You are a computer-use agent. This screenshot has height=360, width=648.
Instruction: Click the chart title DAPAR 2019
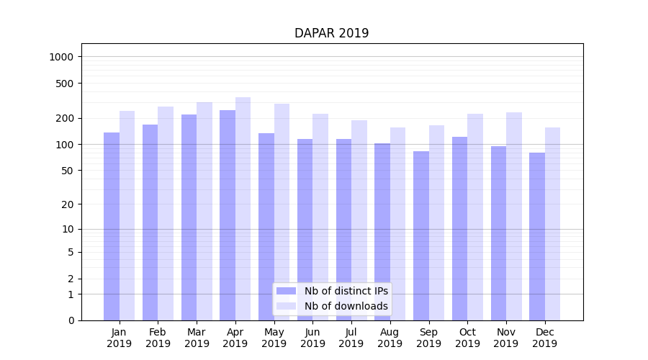pos(331,34)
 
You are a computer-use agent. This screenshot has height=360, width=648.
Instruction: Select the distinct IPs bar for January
pos(112,226)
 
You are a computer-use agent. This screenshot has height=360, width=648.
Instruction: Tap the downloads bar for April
pos(243,209)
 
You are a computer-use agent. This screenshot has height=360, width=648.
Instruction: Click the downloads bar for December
pos(552,224)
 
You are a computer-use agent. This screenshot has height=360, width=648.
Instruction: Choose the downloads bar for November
pos(514,216)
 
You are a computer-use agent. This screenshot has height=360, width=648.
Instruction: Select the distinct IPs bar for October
pos(459,228)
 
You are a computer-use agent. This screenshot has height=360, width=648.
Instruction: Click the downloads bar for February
pos(166,213)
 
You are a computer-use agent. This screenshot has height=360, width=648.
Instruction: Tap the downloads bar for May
pos(282,212)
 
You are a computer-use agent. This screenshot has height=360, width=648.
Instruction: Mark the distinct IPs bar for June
pos(305,230)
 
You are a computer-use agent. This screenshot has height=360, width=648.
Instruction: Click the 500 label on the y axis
pos(66,84)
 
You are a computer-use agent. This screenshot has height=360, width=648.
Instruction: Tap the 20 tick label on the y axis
pos(68,204)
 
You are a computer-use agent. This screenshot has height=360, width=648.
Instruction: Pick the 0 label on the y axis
pos(71,320)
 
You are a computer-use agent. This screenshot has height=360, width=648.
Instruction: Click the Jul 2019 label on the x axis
pos(351,338)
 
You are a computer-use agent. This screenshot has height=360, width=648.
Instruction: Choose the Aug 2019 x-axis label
pos(390,338)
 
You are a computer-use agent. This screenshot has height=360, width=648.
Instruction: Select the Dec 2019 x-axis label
pos(544,338)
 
